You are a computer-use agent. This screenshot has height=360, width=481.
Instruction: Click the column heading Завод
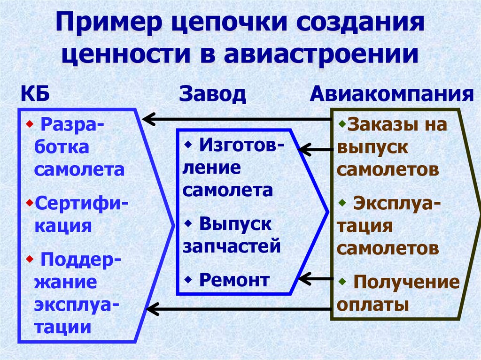tap(212, 95)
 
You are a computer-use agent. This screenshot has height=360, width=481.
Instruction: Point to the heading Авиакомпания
tap(391, 95)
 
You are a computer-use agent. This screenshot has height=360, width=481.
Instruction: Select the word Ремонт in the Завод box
tap(234, 280)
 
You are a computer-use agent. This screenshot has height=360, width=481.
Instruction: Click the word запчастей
tap(232, 245)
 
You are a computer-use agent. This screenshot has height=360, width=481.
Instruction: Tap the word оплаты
tap(372, 305)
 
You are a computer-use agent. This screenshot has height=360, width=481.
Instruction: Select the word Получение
tap(406, 283)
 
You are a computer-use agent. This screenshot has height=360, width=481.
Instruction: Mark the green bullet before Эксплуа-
tap(342, 203)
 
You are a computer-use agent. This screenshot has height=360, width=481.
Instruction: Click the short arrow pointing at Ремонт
tap(315, 279)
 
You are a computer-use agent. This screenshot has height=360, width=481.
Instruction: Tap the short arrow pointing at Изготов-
tap(315, 150)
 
